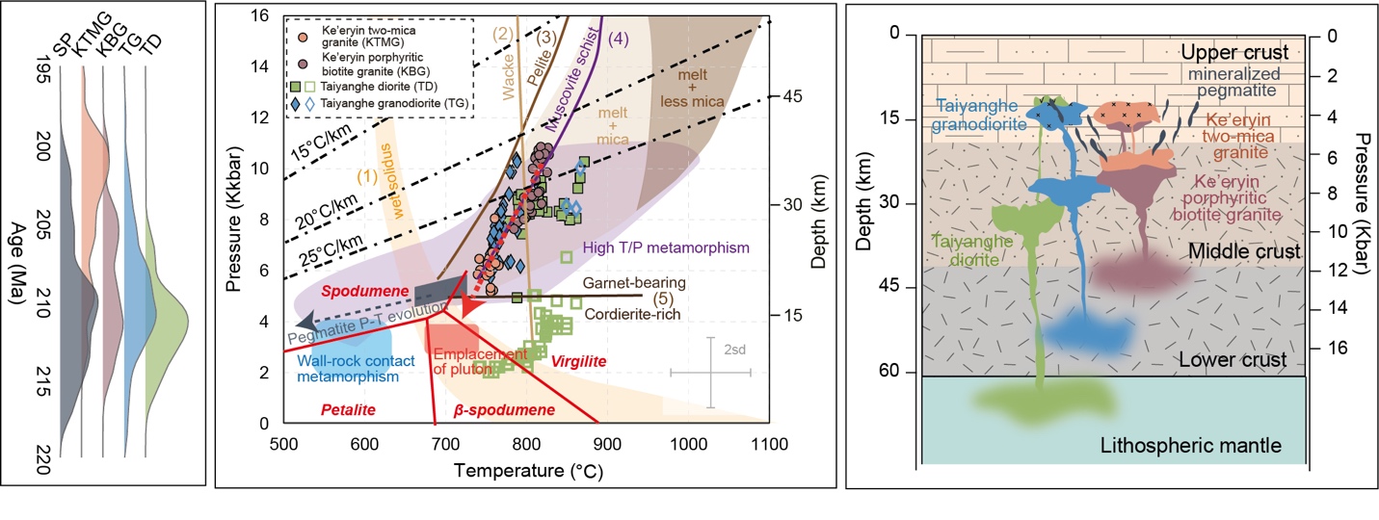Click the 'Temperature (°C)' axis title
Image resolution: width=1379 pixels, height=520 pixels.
pyautogui.click(x=526, y=472)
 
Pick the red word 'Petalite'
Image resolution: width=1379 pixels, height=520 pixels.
pyautogui.click(x=343, y=410)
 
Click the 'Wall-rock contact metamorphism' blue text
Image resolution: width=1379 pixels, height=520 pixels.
pyautogui.click(x=348, y=369)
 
